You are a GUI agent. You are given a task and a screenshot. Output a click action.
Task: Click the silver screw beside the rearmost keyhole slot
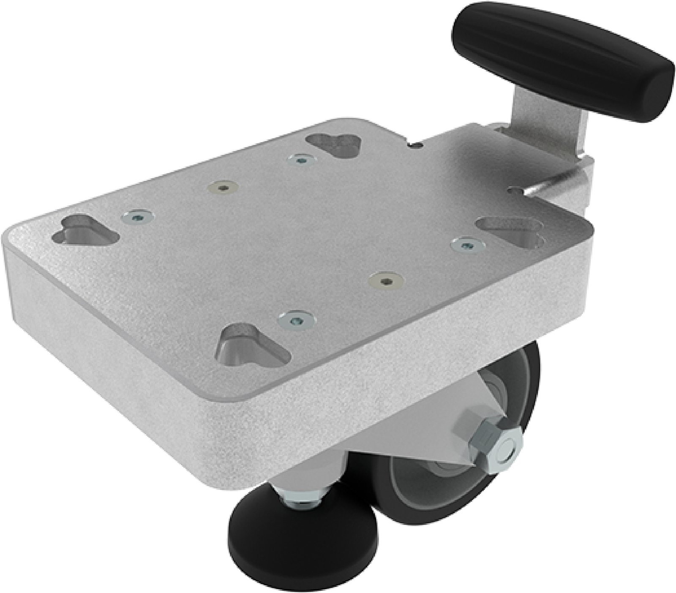(x=300, y=160)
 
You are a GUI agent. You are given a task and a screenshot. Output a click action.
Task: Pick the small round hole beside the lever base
(x=515, y=190)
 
